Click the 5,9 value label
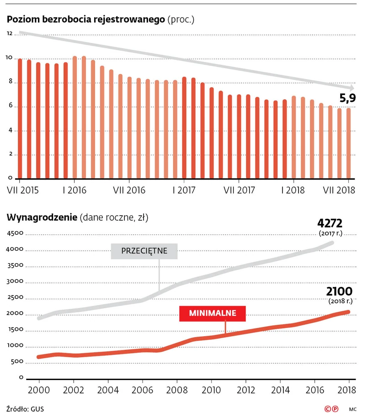tap(347, 97)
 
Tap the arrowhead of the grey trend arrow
tap(351, 88)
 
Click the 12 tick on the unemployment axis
tap(10, 34)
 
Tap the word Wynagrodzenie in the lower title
tap(42, 217)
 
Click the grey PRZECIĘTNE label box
tap(144, 251)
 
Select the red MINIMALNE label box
tap(213, 313)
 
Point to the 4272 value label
tap(330, 223)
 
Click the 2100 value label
tap(339, 291)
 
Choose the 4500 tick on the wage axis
tap(15, 233)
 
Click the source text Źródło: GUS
tap(26, 408)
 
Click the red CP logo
tap(331, 408)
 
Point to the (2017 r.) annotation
tap(330, 233)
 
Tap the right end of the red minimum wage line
tap(349, 312)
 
